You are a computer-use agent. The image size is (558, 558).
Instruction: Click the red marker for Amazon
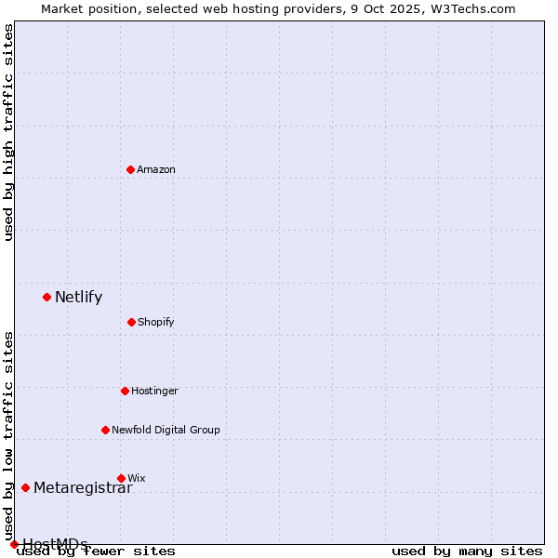pos(130,169)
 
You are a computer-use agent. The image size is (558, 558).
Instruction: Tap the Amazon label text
pos(156,169)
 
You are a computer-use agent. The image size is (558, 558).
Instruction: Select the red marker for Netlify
pos(46,297)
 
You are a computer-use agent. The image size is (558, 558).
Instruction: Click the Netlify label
pos(79,298)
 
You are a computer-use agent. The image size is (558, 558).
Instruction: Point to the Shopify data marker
pos(131,322)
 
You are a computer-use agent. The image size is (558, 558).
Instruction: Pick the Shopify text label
pos(156,322)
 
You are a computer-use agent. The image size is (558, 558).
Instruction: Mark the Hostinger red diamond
pos(125,391)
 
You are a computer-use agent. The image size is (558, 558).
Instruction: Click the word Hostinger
pos(154,391)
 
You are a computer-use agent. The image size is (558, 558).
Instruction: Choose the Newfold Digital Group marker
pos(105,430)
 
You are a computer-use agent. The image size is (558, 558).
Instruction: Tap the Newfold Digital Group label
pos(166,430)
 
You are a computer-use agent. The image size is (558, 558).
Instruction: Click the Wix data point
pos(121,478)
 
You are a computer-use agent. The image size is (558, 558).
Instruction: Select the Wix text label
pos(137,478)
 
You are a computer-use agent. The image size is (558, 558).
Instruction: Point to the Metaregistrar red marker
pos(25,487)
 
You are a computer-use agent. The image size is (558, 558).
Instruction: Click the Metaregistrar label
pos(83,488)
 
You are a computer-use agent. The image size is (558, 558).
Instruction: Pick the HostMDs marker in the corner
pos(14,544)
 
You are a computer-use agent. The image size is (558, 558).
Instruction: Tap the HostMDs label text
pos(55,544)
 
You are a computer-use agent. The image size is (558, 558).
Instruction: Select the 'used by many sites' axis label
pos(467,551)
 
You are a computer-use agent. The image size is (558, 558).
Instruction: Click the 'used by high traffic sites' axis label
pos(8,132)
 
